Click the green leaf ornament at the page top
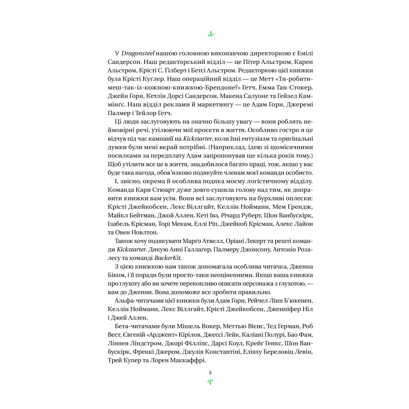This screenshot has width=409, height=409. pos(210,34)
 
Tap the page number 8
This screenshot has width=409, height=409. pos(210,373)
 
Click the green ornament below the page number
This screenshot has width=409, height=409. pos(210,382)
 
